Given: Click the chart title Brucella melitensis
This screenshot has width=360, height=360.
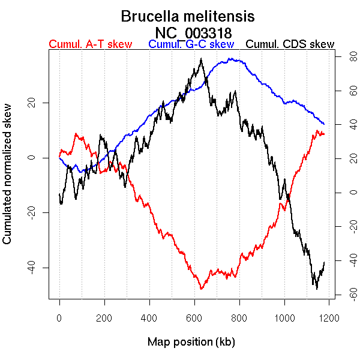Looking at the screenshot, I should point(188,16).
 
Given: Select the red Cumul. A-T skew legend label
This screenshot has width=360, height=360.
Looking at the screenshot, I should point(90,44).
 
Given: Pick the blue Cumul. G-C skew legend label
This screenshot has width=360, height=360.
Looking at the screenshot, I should point(191,44).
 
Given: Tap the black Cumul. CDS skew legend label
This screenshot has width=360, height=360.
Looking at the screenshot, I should point(290,44).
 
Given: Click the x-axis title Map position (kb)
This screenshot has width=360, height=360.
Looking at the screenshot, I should point(191,342).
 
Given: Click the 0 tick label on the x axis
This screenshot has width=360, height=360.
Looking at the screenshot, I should point(59,318).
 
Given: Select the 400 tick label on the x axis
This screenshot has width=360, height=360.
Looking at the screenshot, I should point(149,318).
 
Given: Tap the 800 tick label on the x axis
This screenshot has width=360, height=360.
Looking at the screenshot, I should point(239,318).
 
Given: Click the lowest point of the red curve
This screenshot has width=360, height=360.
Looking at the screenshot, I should point(201,289).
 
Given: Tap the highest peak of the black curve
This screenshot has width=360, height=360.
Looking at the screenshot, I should point(202,58).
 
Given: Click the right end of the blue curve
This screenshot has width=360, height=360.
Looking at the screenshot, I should point(324,124).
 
